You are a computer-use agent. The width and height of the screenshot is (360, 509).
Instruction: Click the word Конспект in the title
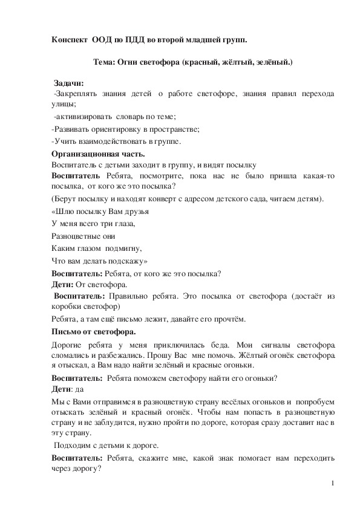(x=70, y=39)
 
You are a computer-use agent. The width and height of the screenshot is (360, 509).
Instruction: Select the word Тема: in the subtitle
(x=106, y=62)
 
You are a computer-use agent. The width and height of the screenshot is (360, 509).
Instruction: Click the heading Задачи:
(x=68, y=83)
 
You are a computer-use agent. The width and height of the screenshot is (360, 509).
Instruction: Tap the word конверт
(x=160, y=199)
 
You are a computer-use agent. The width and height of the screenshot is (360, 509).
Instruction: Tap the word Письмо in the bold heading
(x=67, y=331)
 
